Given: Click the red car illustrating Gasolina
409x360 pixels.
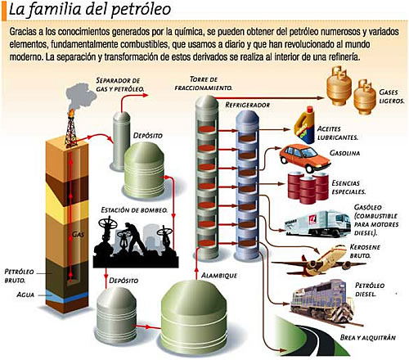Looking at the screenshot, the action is (305, 158).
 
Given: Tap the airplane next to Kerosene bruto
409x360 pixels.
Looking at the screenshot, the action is (319, 260).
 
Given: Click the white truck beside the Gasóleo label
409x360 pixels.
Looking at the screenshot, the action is (317, 223).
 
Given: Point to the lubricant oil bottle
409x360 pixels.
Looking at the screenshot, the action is (305, 125).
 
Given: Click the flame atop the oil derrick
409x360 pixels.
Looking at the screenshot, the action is (71, 112).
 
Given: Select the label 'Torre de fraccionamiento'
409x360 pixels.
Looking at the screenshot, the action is (204, 83).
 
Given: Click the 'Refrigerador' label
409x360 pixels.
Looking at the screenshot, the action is (248, 105).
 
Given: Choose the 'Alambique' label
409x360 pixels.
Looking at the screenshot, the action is (219, 276).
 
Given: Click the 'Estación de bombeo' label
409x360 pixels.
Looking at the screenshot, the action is (134, 210).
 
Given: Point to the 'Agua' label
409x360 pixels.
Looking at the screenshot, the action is (25, 295).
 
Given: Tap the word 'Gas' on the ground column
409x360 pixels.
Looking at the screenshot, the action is (78, 234).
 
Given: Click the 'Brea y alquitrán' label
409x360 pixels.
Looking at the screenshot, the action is (368, 338).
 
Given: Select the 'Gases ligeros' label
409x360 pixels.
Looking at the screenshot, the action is (391, 97).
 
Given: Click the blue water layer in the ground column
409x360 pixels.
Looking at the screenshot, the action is (67, 297).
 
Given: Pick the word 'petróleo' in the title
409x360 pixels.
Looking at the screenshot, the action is (142, 10).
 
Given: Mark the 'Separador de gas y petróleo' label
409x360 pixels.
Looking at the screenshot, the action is (120, 84).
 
